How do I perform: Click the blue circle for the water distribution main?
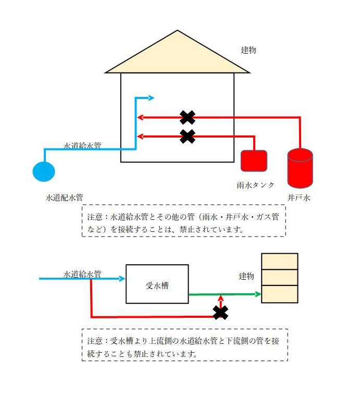click(x=44, y=171)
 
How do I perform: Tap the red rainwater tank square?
click(x=254, y=161)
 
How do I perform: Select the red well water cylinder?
click(x=300, y=168)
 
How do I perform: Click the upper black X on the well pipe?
click(x=187, y=118)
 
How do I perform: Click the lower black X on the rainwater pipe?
click(x=187, y=137)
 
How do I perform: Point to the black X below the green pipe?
click(x=221, y=313)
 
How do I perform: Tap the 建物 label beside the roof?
click(x=249, y=50)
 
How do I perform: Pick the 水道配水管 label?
click(x=65, y=198)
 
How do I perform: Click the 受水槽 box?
click(x=157, y=284)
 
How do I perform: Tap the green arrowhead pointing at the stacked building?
click(x=257, y=294)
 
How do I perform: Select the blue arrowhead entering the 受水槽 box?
click(x=122, y=279)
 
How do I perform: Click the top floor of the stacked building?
click(x=280, y=261)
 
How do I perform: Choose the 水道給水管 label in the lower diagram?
click(x=82, y=274)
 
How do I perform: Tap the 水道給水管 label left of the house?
click(x=82, y=146)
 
